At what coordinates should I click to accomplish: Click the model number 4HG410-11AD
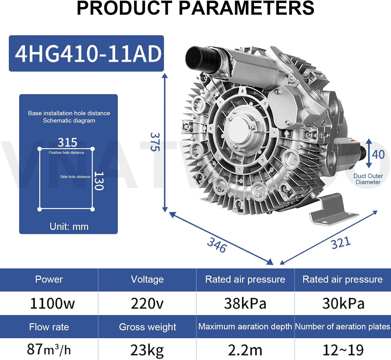[88, 53]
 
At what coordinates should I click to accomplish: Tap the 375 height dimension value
[155, 142]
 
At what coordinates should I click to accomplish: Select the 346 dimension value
[217, 245]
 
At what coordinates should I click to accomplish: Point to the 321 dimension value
[341, 243]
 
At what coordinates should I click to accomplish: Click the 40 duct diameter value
[378, 155]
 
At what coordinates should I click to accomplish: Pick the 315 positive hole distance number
[68, 142]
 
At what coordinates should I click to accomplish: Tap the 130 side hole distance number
[99, 181]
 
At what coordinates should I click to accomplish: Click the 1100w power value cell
[52, 303]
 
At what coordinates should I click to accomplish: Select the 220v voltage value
[147, 303]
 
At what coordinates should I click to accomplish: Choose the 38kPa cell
[245, 303]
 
